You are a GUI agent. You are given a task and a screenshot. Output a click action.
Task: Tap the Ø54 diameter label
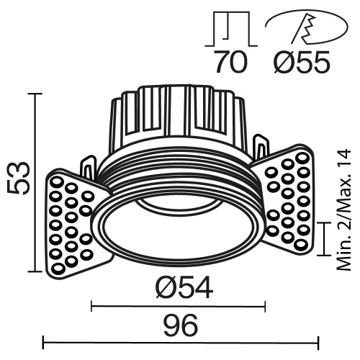click(184, 289)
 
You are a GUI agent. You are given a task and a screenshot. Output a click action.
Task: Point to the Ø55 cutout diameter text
click(302, 63)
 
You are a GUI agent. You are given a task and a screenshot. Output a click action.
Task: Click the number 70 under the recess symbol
click(230, 63)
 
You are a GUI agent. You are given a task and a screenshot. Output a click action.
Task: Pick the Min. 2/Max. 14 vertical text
click(343, 210)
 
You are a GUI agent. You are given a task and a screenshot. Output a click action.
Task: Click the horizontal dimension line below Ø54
click(179, 307)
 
